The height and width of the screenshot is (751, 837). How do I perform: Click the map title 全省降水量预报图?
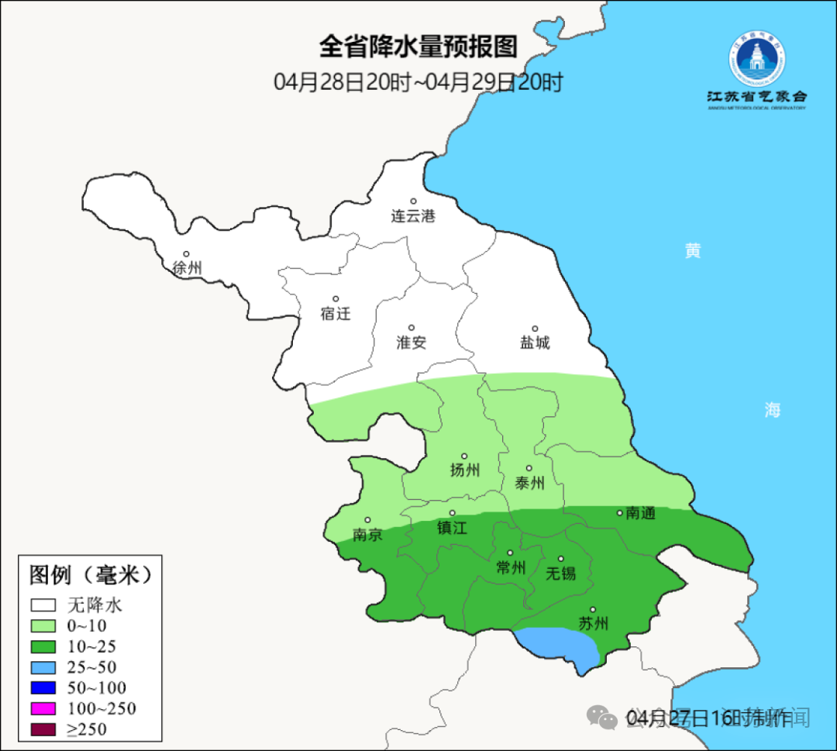pos(418,47)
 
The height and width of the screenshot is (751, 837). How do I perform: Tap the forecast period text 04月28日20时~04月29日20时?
pos(418,81)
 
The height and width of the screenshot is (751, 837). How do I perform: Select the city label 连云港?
pos(413,216)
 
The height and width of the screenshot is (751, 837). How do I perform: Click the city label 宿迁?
pos(336,314)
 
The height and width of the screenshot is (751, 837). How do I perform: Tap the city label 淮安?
pos(412,343)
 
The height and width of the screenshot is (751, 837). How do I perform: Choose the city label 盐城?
pos(535,343)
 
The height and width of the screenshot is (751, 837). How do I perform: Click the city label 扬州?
pos(465,470)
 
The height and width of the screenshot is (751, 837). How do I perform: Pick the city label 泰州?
pos(529,483)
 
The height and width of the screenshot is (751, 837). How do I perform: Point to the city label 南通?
pos(641,513)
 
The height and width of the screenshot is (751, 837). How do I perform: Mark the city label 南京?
pos(367,535)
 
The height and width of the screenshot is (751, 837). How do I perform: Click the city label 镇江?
pos(453,528)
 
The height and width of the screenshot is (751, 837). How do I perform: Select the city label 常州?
pos(511,568)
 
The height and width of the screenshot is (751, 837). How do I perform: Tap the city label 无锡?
pos(561,574)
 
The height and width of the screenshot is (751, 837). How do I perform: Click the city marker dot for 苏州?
pos(593,610)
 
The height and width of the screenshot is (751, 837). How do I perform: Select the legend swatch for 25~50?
pos(43,667)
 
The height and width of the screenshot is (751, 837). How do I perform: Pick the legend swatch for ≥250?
pos(43,729)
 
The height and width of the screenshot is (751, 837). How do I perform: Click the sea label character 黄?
pos(693,251)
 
